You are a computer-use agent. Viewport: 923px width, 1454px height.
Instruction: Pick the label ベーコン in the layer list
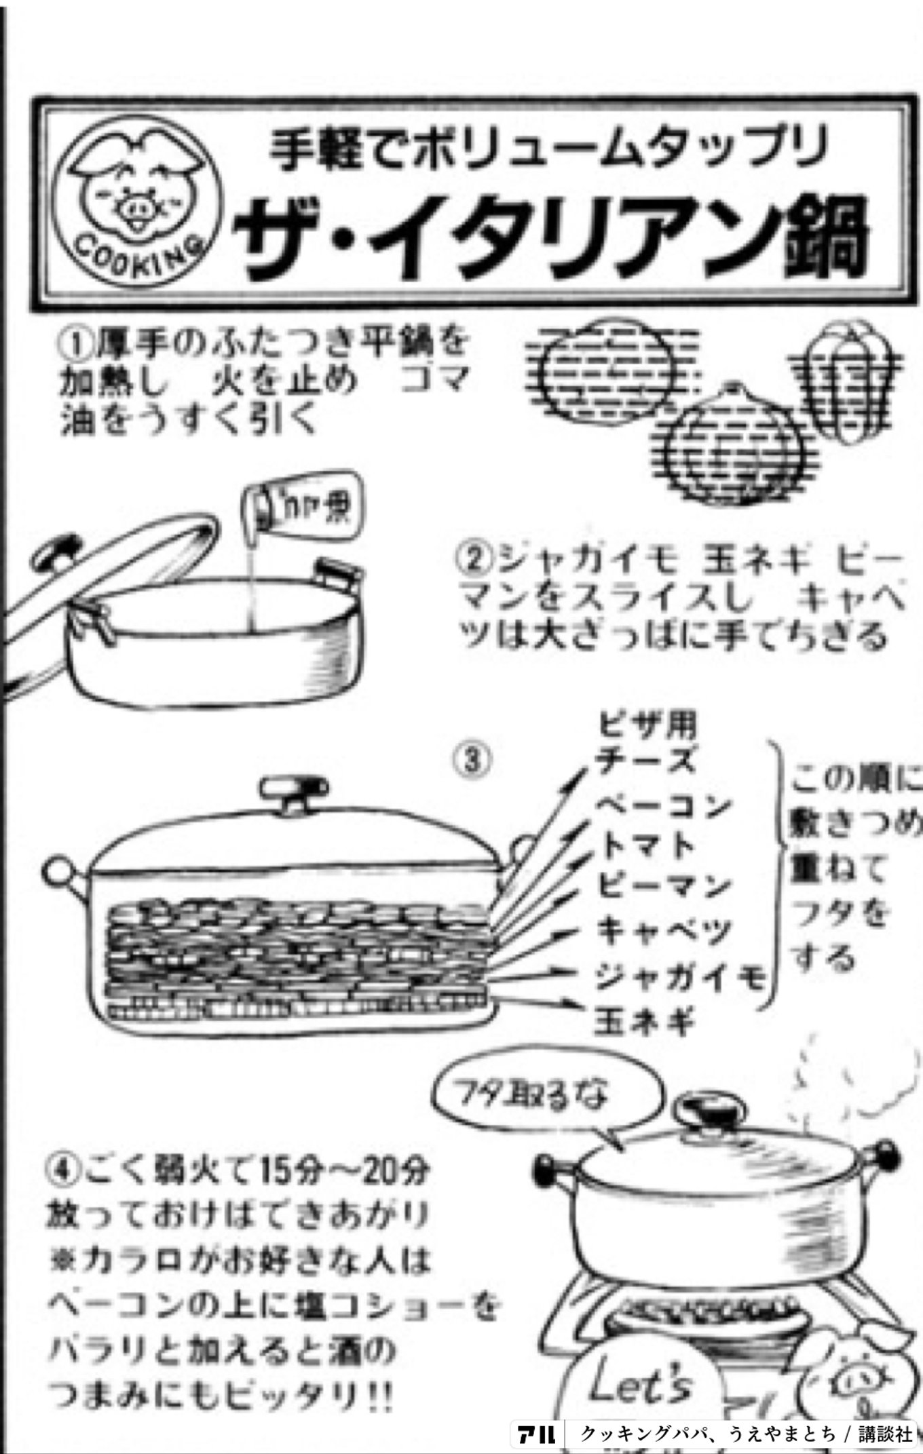pyautogui.click(x=662, y=806)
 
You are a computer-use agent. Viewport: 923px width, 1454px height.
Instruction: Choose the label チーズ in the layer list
pyautogui.click(x=645, y=761)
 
